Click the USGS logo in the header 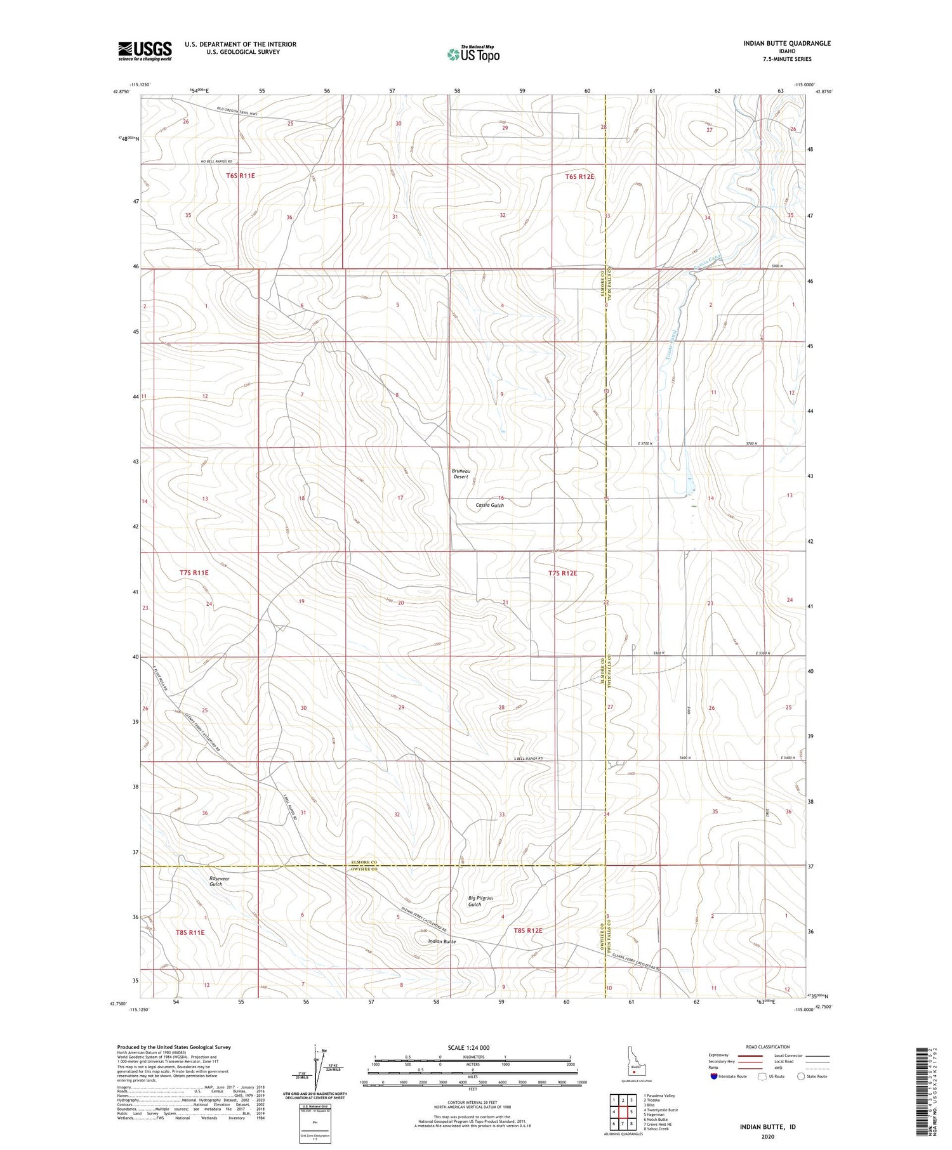coord(145,51)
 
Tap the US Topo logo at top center coord(473,54)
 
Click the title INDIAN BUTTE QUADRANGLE coord(786,43)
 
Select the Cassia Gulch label coord(489,505)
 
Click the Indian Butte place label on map coord(442,941)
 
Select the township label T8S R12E coord(527,930)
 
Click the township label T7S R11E coord(194,572)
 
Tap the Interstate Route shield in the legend coord(713,1076)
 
